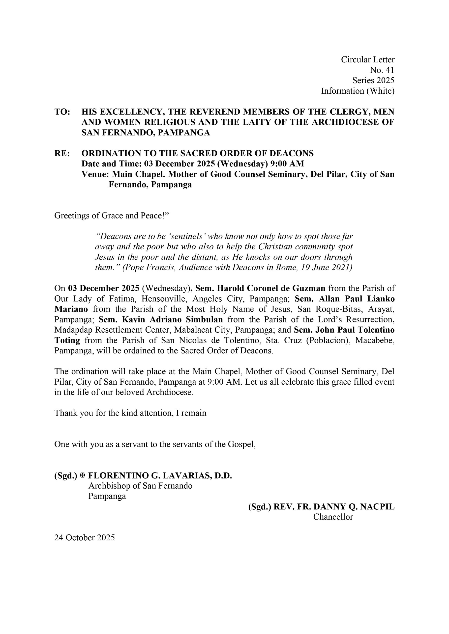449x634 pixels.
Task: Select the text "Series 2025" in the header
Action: point(373,80)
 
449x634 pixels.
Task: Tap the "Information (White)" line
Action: point(358,91)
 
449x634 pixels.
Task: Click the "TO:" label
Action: point(62,112)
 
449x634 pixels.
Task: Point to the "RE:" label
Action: point(62,153)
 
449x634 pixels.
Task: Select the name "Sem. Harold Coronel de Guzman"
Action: point(260,288)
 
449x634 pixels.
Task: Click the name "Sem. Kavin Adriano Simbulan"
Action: point(161,319)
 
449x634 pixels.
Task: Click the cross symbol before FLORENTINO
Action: point(82,475)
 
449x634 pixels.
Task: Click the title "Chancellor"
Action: point(333,517)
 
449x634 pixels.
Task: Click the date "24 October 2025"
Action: point(84,538)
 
